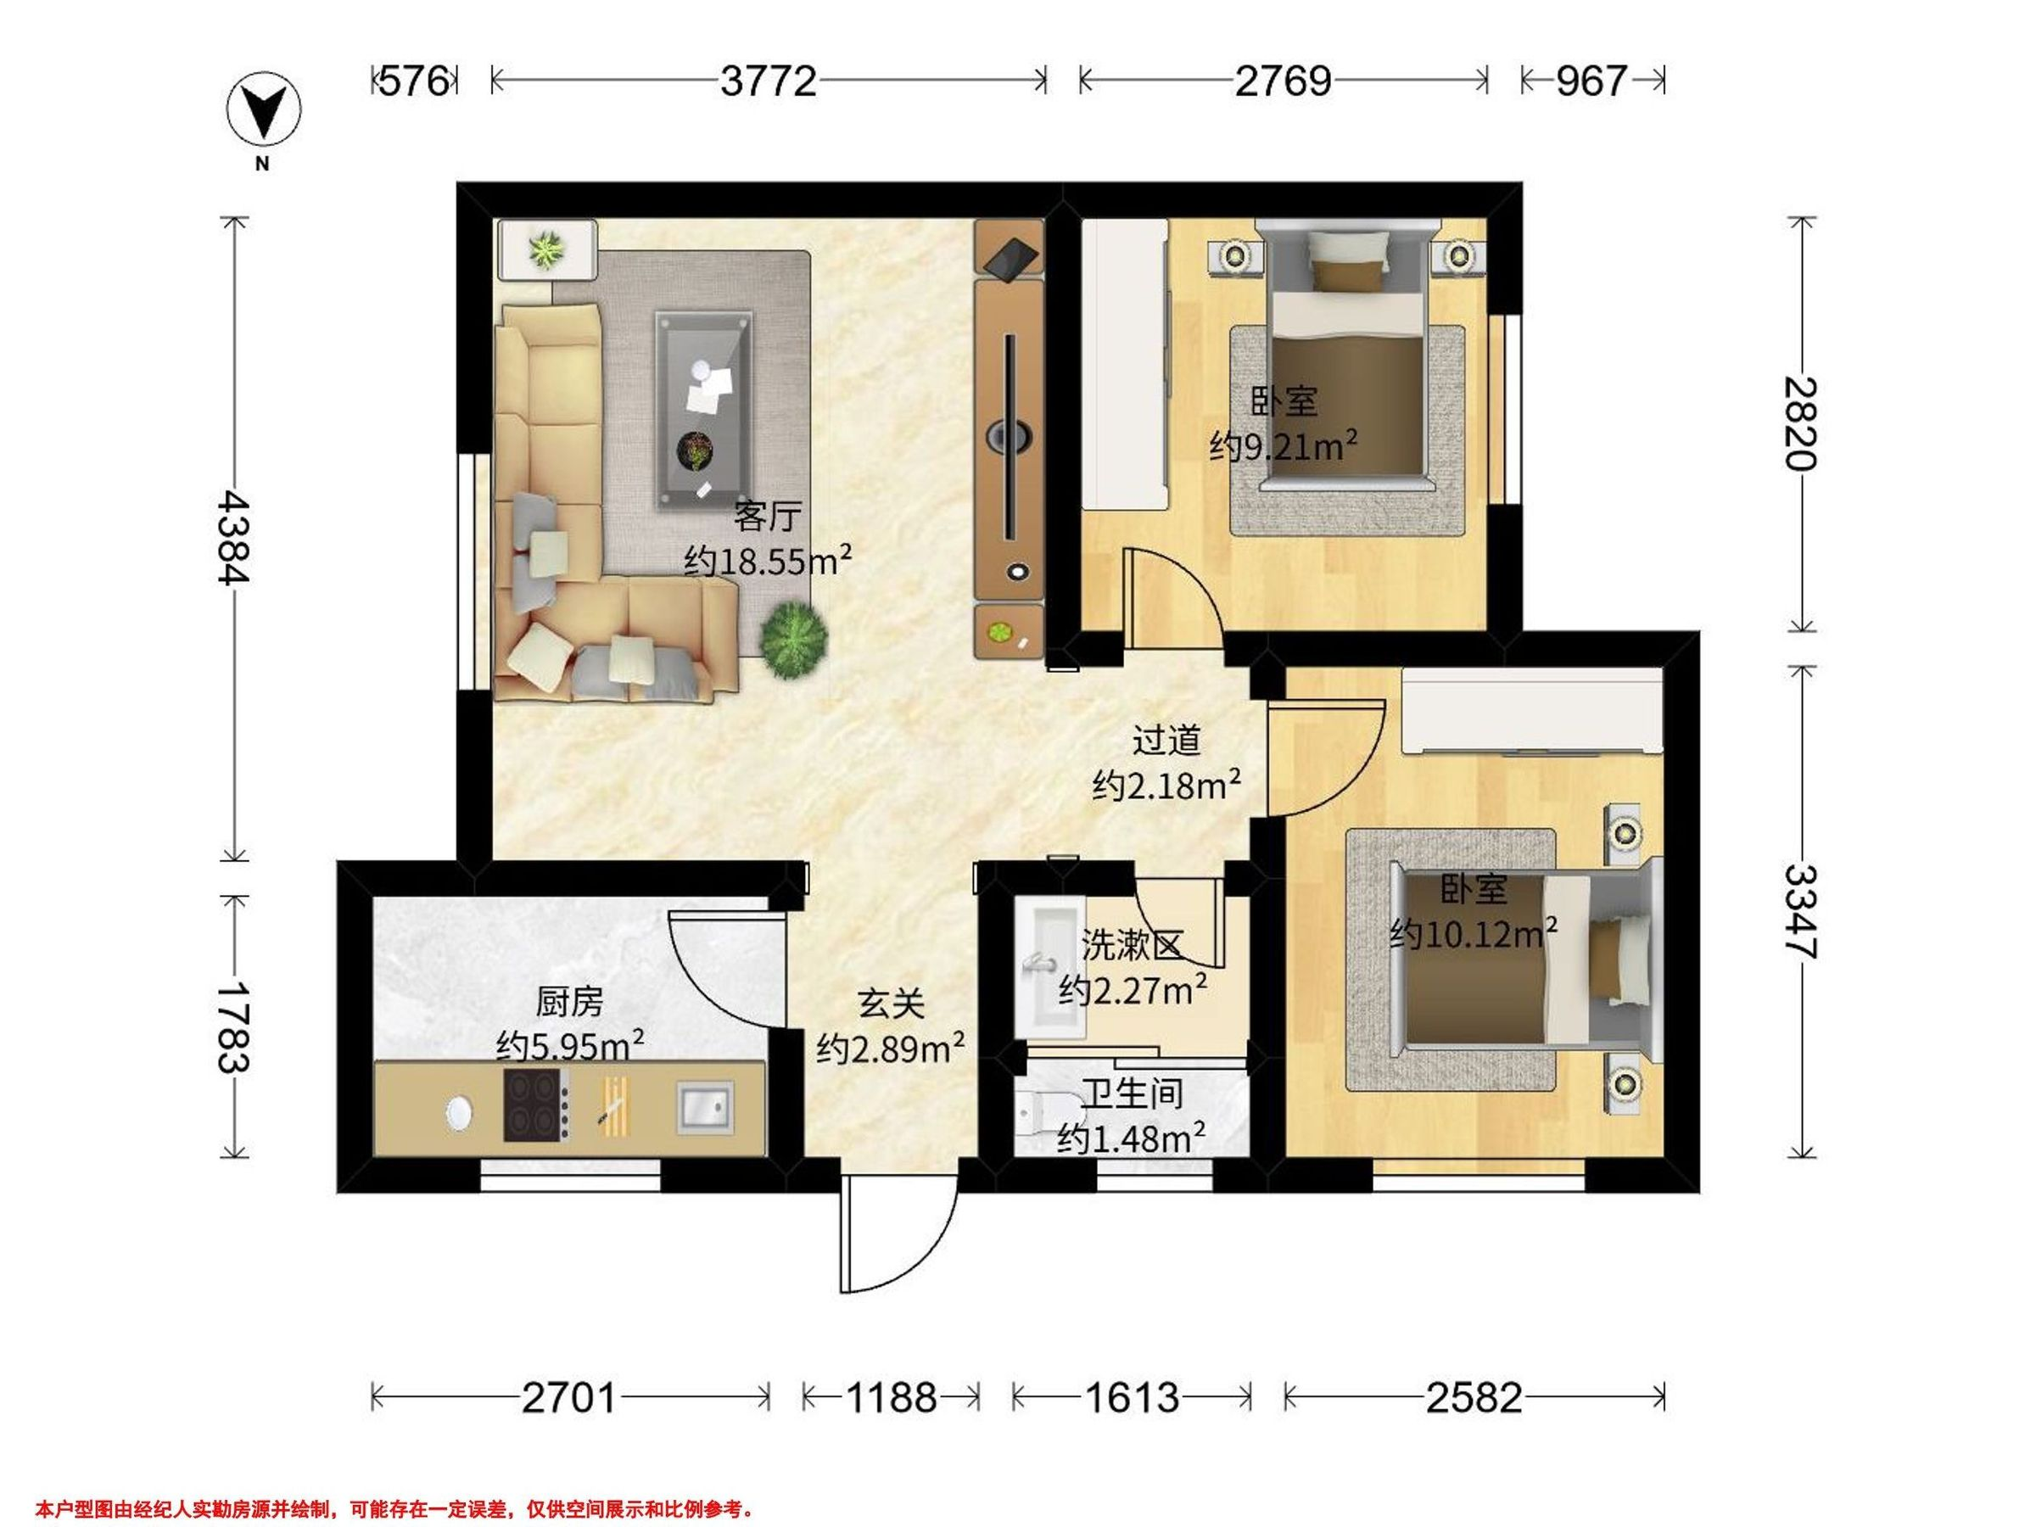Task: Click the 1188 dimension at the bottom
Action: click(891, 1398)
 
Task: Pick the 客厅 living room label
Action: click(767, 517)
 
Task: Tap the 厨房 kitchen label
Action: click(570, 1001)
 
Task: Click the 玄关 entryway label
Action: click(891, 1004)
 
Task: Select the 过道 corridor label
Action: click(1166, 740)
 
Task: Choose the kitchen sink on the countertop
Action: click(706, 1107)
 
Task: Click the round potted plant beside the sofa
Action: click(793, 638)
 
